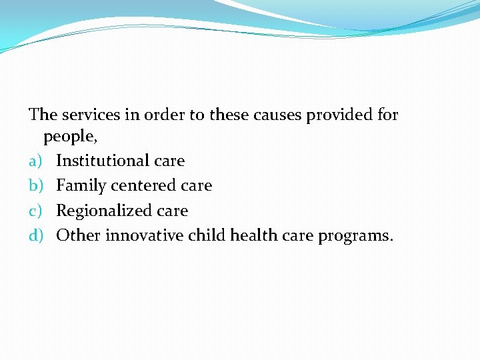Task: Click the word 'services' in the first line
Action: [x=89, y=115]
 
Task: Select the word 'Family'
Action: [x=81, y=185]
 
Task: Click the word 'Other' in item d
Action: [x=78, y=235]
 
